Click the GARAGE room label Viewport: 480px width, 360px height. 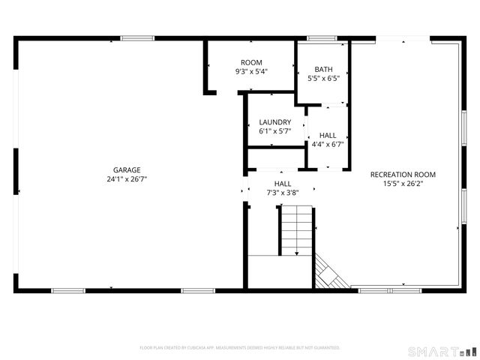[127, 169]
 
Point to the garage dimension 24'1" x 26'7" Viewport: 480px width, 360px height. [127, 179]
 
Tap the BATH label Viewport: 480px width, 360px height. [324, 69]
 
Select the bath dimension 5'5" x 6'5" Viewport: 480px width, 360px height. [324, 78]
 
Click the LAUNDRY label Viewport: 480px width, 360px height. [274, 122]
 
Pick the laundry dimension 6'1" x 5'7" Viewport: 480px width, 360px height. [274, 131]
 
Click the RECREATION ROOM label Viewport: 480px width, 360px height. [403, 174]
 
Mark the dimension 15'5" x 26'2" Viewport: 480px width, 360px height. [403, 183]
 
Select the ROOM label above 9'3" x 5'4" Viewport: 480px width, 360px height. [251, 62]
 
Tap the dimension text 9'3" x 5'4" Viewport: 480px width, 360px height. [251, 71]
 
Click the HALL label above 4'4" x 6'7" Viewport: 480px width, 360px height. [327, 135]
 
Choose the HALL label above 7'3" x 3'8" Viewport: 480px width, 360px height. [283, 184]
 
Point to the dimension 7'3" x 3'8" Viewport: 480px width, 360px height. [283, 193]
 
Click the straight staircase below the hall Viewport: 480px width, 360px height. [297, 231]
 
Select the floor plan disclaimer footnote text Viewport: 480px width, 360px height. [239, 348]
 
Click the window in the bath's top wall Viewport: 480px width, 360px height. [321, 38]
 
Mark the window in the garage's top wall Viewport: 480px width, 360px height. [138, 38]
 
